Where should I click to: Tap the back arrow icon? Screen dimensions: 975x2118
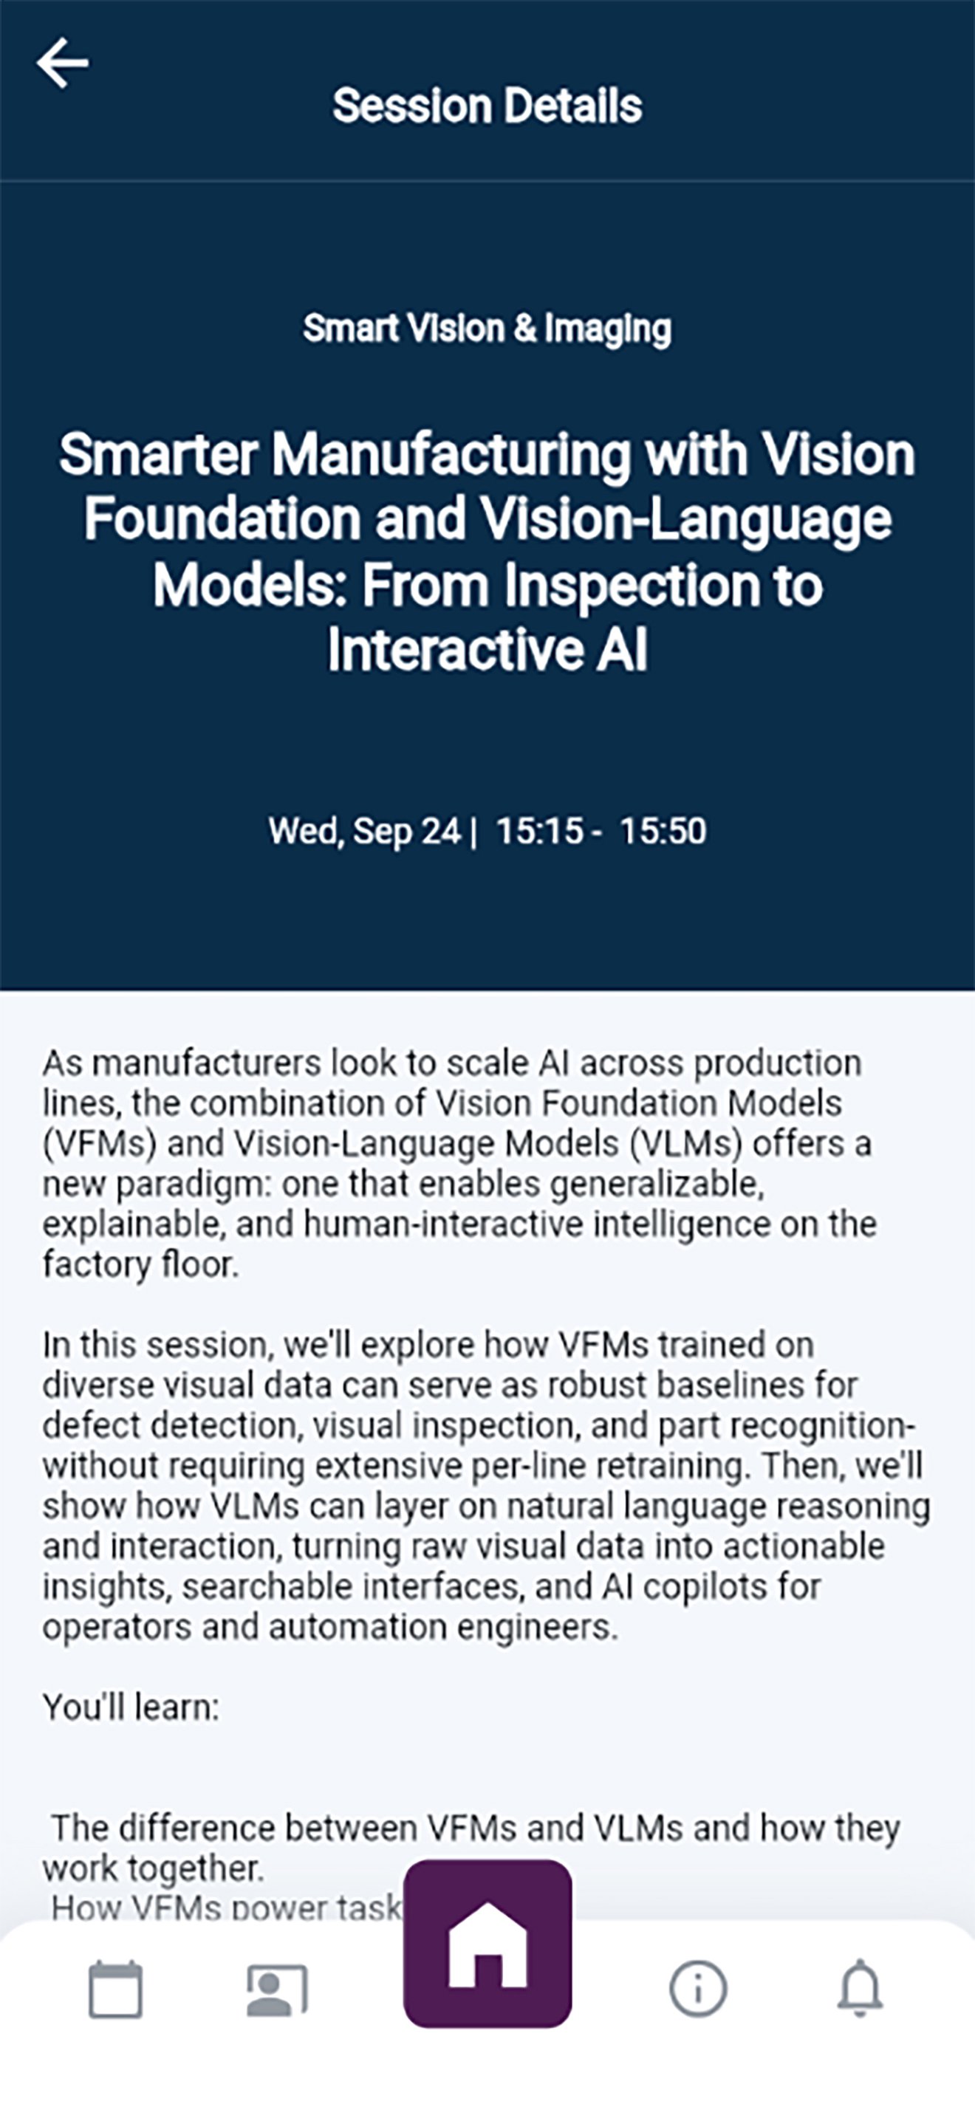63,63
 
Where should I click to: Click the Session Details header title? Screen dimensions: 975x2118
487,106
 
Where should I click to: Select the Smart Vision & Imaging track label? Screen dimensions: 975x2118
487,329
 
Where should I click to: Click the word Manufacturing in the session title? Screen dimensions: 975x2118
451,455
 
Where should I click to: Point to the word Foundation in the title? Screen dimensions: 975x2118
223,520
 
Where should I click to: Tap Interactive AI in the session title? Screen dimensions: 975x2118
487,650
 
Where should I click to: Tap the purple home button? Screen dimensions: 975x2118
487,1944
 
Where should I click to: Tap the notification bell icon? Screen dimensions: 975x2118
860,1989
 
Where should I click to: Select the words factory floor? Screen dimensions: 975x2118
140,1264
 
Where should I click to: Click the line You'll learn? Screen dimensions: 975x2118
131,1707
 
